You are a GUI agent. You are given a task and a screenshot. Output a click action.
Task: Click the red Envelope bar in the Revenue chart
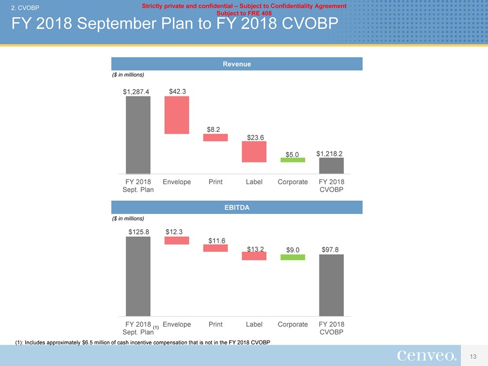click(x=177, y=115)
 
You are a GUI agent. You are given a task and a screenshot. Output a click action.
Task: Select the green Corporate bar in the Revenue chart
click(x=293, y=160)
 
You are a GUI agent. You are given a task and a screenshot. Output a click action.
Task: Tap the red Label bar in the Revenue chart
click(x=254, y=151)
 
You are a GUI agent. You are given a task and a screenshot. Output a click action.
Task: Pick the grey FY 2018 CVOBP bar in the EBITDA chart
click(x=331, y=285)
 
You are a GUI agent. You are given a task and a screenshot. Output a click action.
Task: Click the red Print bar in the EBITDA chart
click(x=215, y=248)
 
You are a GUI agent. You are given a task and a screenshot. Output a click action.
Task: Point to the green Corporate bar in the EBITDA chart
click(x=293, y=257)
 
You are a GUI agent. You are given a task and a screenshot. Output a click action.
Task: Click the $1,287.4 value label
click(x=136, y=92)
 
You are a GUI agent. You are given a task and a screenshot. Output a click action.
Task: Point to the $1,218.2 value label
click(x=331, y=153)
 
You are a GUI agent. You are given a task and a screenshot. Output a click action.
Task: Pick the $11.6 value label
click(x=217, y=240)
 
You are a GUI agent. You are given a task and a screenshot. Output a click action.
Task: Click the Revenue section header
click(x=237, y=64)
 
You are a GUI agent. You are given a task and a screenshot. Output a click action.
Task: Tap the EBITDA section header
click(x=237, y=207)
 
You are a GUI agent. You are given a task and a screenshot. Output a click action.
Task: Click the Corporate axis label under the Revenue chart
click(x=292, y=182)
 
